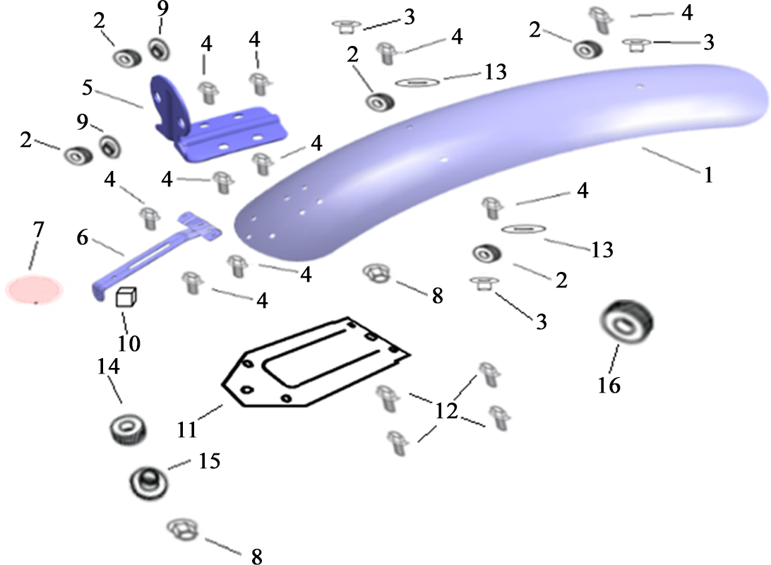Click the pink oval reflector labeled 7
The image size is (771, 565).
(35, 289)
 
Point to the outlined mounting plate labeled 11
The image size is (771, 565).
(315, 362)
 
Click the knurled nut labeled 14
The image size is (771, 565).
(127, 429)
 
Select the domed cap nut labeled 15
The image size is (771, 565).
(148, 482)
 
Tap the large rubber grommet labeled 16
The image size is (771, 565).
(626, 321)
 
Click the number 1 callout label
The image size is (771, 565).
(708, 174)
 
